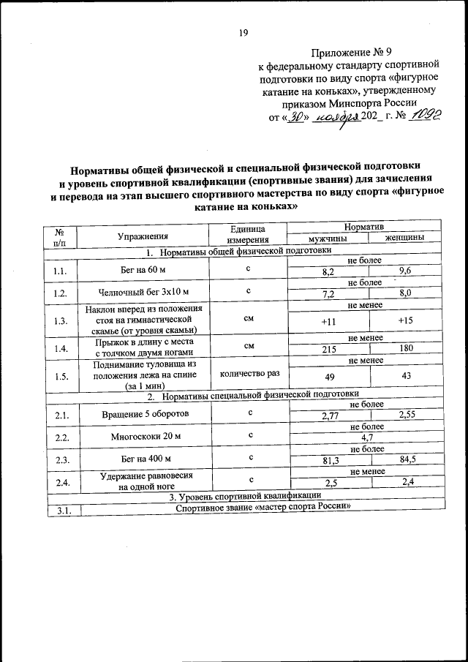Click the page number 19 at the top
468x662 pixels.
coord(244,32)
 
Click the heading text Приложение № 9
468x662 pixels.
coord(352,52)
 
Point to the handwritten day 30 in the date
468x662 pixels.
coord(295,116)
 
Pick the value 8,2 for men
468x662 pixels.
coord(328,271)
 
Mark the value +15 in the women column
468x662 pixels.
coord(406,320)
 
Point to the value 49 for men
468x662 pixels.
coord(328,376)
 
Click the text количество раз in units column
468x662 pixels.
coord(249,373)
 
